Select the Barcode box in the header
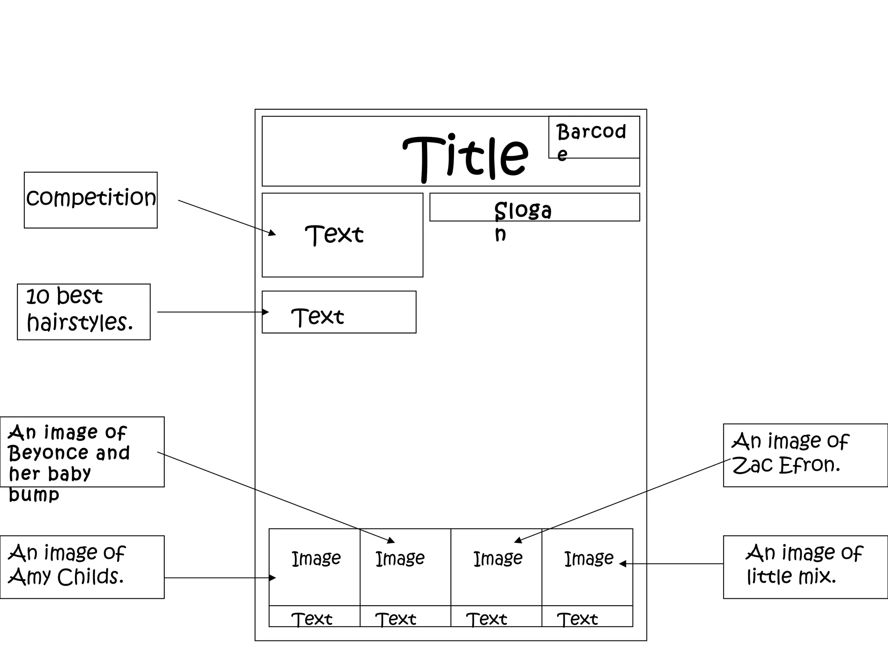coord(594,137)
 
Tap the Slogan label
coord(522,211)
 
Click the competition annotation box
coord(91,200)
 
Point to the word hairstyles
coord(79,323)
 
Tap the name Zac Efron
coord(786,465)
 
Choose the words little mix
coord(791,577)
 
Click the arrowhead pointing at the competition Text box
coord(272,233)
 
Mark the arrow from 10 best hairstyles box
coord(212,312)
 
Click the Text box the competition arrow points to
coord(342,235)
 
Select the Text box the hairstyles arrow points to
coord(339,312)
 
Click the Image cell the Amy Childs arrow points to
coord(314,567)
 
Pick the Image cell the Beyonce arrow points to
coord(405,567)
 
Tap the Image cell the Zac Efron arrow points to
coord(496,567)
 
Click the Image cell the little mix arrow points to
coord(587,567)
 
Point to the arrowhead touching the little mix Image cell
coord(623,564)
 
